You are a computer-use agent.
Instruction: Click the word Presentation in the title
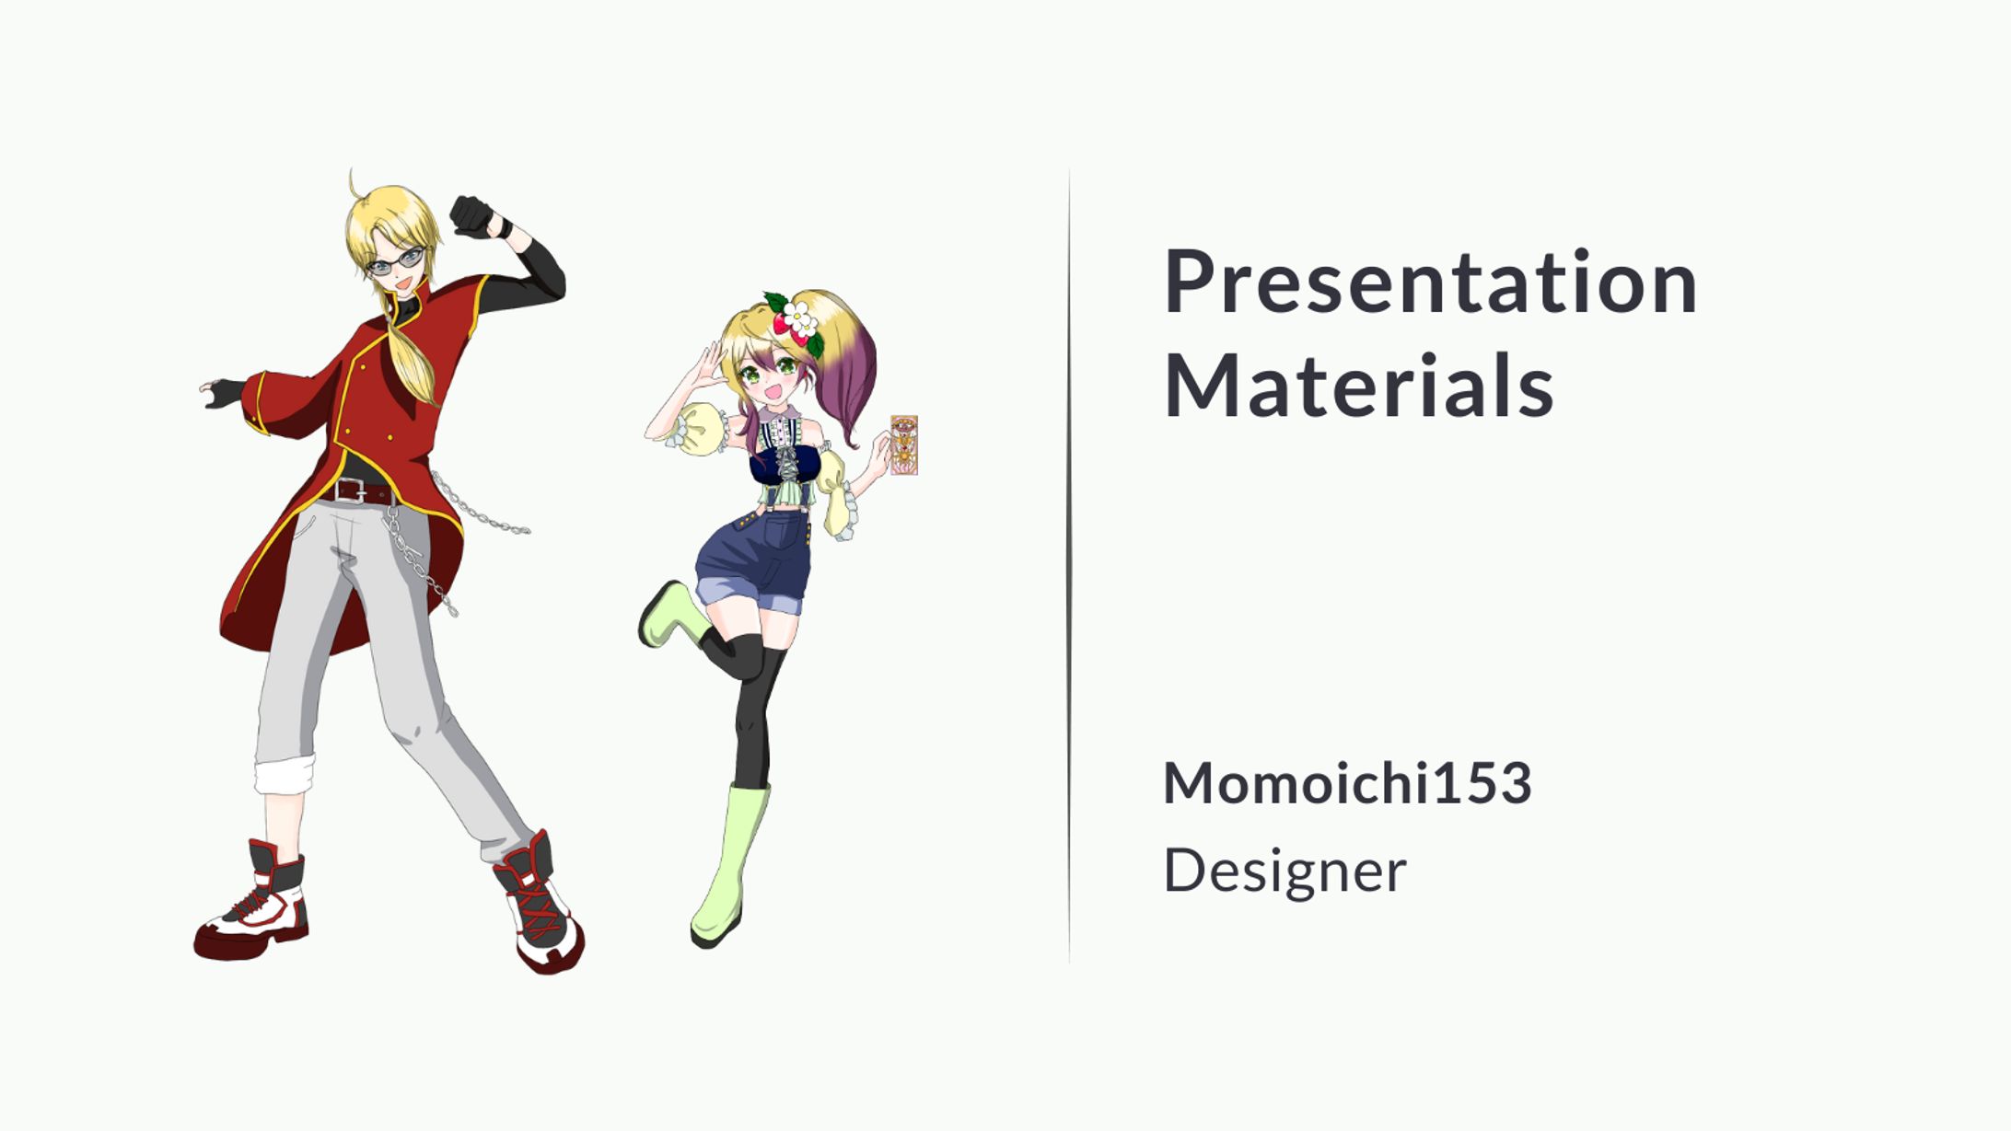point(1430,282)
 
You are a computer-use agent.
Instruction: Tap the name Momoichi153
point(1347,782)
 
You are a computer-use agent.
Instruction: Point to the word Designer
point(1284,871)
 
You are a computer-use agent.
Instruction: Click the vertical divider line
point(1069,566)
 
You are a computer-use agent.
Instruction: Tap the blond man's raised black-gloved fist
point(473,217)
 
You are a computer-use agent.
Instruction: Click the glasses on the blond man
point(397,262)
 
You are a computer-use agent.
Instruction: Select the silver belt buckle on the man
point(350,490)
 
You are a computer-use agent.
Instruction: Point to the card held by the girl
point(904,444)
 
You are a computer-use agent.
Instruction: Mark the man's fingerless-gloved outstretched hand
point(223,393)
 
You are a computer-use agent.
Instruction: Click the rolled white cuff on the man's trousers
point(285,775)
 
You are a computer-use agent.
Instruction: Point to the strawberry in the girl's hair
point(781,323)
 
